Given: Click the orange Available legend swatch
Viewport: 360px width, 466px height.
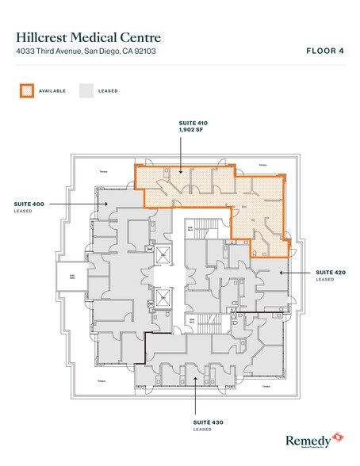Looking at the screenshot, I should coord(27,90).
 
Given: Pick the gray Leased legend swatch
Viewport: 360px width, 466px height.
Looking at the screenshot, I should coord(86,90).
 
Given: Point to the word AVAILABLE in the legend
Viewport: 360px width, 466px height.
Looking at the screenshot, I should coord(52,91).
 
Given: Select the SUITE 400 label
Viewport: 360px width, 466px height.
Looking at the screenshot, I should coord(29,204).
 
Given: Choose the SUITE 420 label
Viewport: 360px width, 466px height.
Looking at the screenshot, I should coord(330,272).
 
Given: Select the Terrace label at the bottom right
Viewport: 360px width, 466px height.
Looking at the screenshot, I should coord(266,385).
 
